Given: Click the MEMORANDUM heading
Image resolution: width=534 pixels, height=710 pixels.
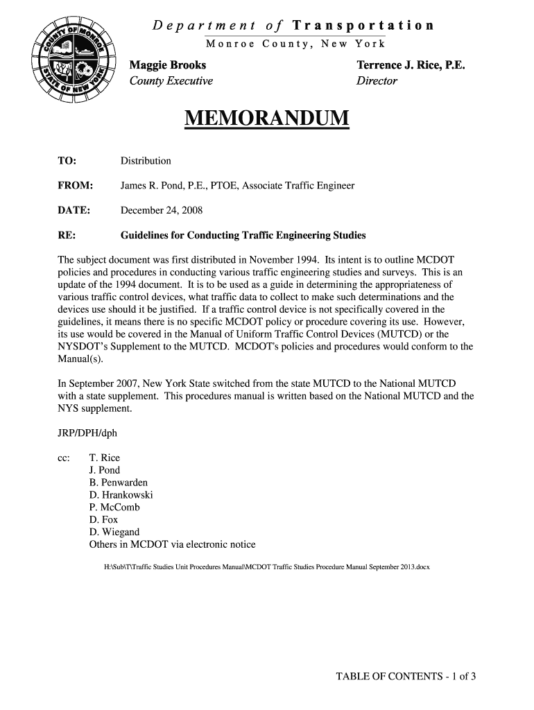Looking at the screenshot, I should point(267,119).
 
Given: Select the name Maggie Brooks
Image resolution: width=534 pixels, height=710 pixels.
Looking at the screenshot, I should point(169,65).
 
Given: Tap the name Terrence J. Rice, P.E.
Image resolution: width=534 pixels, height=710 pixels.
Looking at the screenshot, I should point(411,65).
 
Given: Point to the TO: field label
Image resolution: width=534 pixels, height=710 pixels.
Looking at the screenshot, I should point(67,161).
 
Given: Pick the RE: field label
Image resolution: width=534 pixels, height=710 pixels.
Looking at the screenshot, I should point(67,235).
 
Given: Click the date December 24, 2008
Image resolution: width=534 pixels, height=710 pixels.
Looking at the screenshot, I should point(162,210).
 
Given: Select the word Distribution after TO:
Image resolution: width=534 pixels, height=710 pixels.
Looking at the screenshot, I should point(146,161).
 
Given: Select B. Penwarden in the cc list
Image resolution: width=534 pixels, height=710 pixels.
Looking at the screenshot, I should point(119,483).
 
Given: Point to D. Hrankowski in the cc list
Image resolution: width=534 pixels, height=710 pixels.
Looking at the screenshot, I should point(121,495).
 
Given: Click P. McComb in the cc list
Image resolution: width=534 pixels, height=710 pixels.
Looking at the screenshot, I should point(114,508).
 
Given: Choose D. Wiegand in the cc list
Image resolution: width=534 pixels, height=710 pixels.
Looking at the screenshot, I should point(114,532).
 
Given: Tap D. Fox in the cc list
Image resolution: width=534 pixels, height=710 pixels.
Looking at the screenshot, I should point(104,519).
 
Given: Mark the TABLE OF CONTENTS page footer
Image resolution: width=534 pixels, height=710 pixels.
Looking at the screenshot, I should point(406,677).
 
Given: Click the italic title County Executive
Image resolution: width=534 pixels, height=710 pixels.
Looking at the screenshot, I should point(172,81).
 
